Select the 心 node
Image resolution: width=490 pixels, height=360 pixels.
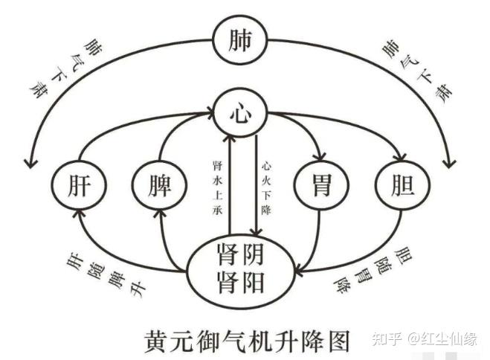click(x=239, y=114)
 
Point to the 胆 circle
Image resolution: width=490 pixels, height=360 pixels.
click(x=402, y=183)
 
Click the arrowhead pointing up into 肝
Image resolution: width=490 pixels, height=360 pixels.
click(x=80, y=213)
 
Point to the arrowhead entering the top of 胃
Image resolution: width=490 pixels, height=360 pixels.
click(x=320, y=157)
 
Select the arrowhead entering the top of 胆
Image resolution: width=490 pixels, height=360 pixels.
click(x=401, y=157)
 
